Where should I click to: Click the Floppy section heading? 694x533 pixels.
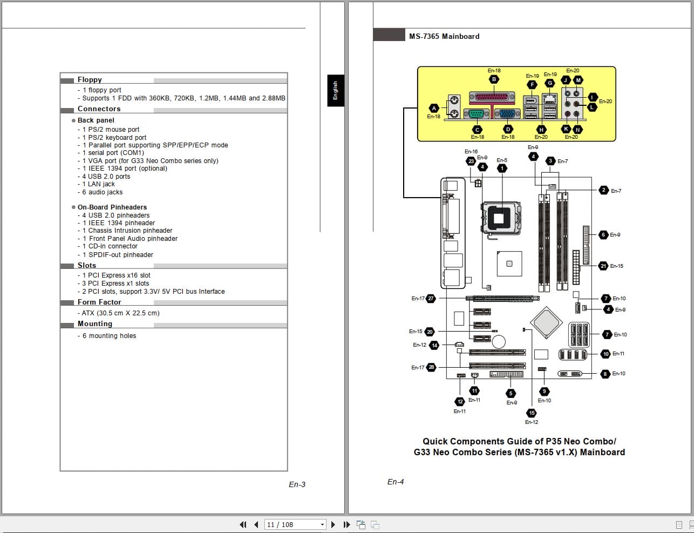point(90,79)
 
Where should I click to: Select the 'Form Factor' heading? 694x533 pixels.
point(99,302)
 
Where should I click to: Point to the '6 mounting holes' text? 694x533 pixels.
point(109,336)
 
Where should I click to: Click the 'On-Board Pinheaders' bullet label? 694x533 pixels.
point(112,207)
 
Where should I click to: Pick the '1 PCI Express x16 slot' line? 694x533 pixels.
point(116,275)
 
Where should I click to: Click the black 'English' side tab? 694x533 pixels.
point(335,90)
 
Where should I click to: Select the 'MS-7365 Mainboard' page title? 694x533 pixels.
point(444,36)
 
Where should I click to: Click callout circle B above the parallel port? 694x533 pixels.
point(494,79)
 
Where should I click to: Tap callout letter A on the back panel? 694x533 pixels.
point(434,108)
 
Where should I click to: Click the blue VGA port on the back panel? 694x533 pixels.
point(507,113)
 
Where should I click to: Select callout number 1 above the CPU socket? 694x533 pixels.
point(502,168)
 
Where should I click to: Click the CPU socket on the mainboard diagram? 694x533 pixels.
point(502,218)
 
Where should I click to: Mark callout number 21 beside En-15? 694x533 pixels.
point(603,266)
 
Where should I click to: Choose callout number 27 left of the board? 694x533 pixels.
point(431,298)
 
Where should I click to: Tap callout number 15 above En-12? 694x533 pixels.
point(532,413)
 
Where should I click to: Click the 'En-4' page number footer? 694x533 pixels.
point(396,482)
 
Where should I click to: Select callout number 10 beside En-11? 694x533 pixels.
point(605,354)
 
